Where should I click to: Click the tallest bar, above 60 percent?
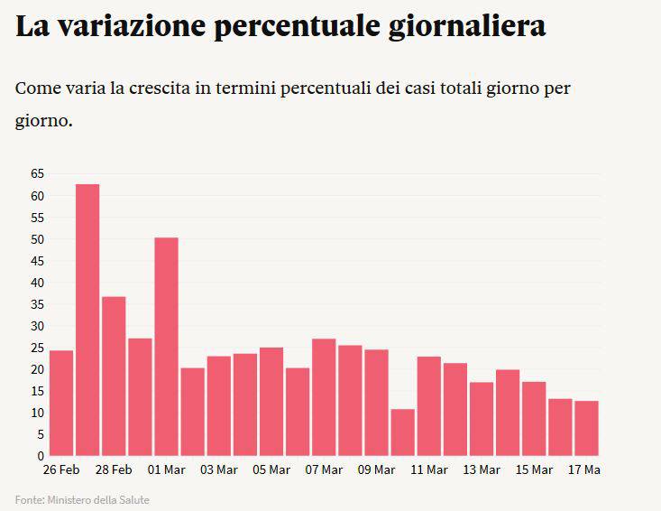coord(87,320)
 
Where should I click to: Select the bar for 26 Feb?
coord(61,403)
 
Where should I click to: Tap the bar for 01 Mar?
coord(166,347)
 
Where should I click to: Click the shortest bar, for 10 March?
coord(403,432)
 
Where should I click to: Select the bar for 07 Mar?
coord(324,397)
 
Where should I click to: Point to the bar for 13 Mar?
coord(482,419)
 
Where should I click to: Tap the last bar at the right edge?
coord(587,428)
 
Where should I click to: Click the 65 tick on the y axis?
coord(37,174)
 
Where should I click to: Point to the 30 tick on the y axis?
coord(37,326)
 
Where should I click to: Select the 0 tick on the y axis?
coord(41,456)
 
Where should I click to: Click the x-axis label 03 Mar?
coord(218,470)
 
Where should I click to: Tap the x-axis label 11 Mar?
coord(429,470)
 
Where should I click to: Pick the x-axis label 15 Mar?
coord(534,470)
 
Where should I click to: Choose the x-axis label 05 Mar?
coord(271,470)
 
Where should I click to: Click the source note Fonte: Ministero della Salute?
coord(82,499)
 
